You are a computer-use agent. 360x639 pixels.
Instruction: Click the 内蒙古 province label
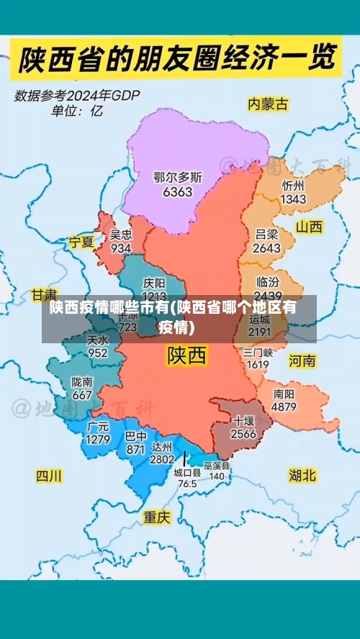(x=267, y=104)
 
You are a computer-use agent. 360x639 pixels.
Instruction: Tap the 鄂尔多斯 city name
(x=178, y=177)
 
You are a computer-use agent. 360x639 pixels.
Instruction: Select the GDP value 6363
(x=178, y=192)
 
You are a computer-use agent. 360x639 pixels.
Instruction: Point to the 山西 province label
(x=310, y=227)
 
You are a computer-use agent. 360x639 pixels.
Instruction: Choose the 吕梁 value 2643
(x=267, y=248)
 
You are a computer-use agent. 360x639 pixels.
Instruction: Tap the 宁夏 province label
(x=81, y=242)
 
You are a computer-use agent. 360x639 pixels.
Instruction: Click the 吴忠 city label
(x=121, y=235)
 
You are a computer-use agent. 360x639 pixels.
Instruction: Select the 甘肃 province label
(x=43, y=295)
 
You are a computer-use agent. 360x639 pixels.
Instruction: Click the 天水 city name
(x=97, y=340)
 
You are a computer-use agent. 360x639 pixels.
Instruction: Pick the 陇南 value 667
(x=82, y=395)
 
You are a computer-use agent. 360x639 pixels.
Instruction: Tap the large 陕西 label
(x=186, y=355)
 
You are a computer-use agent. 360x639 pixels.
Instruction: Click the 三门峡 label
(x=258, y=353)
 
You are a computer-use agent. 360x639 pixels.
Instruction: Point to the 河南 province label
(x=302, y=360)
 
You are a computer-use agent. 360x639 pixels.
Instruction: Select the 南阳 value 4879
(x=284, y=407)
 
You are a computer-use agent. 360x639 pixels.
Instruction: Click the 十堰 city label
(x=243, y=420)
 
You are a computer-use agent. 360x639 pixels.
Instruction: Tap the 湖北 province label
(x=302, y=475)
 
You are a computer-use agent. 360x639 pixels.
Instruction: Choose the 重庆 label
(x=156, y=517)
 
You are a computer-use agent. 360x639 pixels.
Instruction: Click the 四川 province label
(x=50, y=476)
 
